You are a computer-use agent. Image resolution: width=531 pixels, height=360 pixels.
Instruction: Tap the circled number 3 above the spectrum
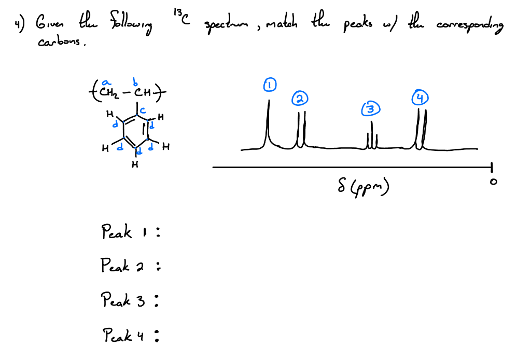(369, 109)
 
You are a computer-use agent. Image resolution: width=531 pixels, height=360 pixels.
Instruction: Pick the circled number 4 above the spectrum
(420, 98)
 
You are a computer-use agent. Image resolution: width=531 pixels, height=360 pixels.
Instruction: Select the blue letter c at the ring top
(142, 110)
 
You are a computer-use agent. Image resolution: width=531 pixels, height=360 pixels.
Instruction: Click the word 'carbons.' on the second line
(62, 43)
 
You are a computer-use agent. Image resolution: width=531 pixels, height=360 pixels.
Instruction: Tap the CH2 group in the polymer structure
(110, 93)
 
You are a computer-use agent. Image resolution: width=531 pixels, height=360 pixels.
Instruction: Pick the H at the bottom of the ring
(135, 165)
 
